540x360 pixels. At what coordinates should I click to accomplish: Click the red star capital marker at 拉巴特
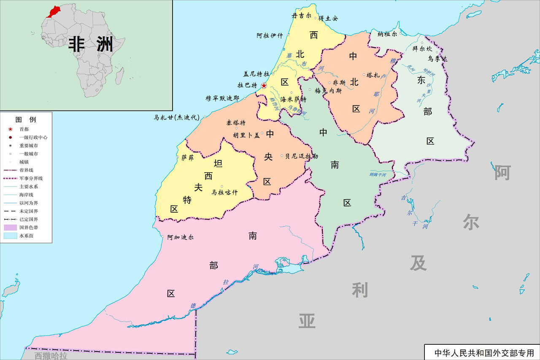point(264,86)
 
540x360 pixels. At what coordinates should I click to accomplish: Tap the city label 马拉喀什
point(224,192)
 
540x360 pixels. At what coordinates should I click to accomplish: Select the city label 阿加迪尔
point(180,237)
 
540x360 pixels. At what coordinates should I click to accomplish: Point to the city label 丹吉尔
point(302,15)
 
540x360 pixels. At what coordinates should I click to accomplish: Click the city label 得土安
point(328,18)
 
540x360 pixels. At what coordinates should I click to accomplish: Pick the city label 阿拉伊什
point(270,35)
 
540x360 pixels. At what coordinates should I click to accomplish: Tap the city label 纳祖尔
point(387,34)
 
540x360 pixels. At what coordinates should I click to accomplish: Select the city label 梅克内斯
point(328,90)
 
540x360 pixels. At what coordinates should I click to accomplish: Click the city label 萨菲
point(187,158)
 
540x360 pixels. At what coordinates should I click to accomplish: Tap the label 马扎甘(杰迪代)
point(176,118)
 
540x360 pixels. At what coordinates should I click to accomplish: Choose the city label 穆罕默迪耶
point(222,98)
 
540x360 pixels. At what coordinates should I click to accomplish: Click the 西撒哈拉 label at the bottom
point(50,356)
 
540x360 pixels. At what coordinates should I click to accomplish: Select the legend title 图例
point(26,119)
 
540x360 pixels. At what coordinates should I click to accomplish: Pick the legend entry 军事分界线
point(31,179)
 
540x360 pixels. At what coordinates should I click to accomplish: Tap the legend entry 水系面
point(26,236)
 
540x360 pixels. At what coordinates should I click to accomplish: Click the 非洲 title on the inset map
point(91,44)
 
